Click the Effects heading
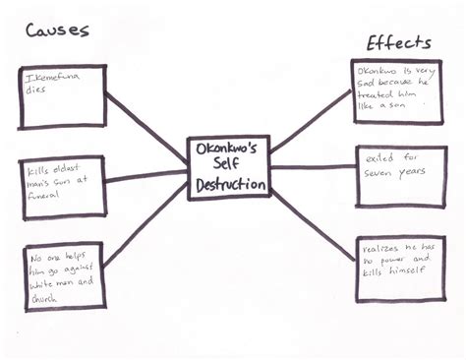tap(398, 42)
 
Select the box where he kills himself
tap(402, 264)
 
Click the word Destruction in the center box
tap(228, 185)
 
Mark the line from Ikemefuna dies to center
tap(147, 125)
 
